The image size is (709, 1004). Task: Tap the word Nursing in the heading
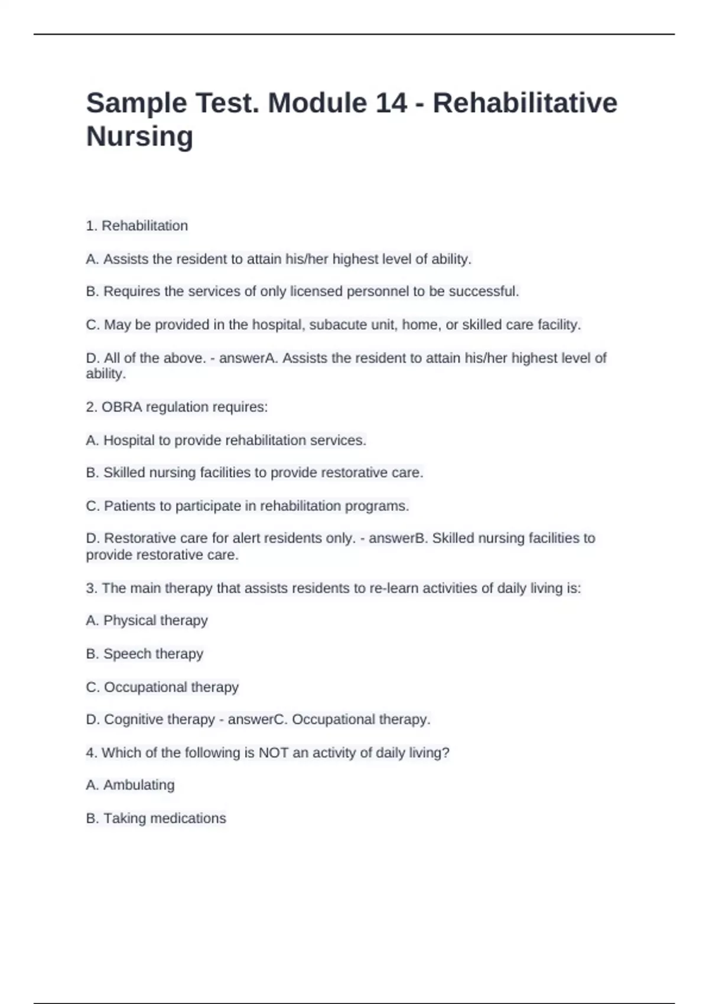[x=139, y=136]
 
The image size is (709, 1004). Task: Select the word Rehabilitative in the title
[x=525, y=103]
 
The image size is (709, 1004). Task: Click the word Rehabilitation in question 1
[x=145, y=226]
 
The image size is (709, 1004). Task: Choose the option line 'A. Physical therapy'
[x=147, y=621]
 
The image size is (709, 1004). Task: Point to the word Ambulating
[x=139, y=785]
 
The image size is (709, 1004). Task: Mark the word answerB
[x=398, y=538]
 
